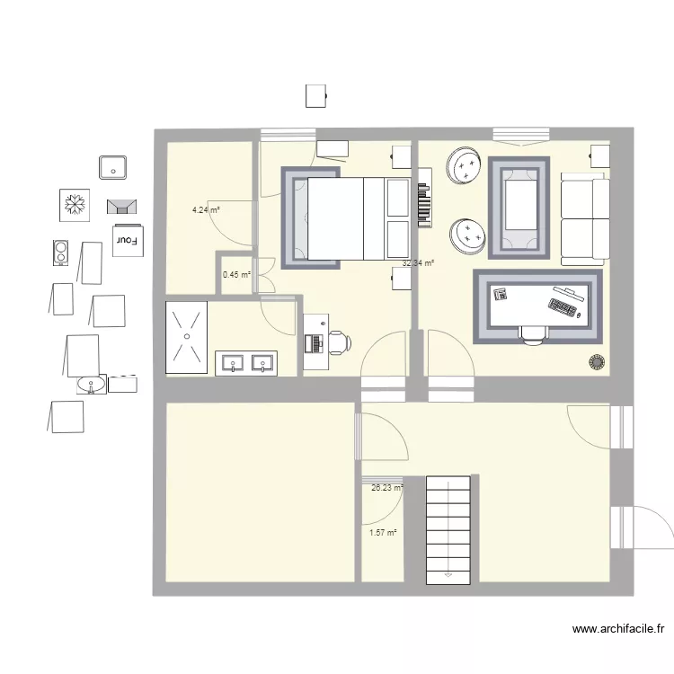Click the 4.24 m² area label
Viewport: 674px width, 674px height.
(206, 210)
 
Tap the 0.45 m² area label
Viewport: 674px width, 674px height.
(236, 275)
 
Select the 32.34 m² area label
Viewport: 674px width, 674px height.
(418, 263)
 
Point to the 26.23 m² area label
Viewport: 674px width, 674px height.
(387, 488)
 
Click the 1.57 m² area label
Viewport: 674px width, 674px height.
(383, 532)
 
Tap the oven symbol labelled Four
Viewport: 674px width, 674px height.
(127, 240)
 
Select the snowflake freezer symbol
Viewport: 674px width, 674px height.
(73, 205)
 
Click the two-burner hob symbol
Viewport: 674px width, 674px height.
(60, 253)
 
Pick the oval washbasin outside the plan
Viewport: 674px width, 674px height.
(91, 385)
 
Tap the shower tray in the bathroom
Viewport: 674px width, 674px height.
(186, 338)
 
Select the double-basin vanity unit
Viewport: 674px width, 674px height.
(246, 363)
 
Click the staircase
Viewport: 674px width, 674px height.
(448, 529)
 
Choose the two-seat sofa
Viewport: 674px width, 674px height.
(585, 221)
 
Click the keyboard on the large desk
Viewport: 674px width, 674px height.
(562, 309)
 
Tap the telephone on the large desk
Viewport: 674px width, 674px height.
(501, 293)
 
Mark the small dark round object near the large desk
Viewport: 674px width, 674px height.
(596, 362)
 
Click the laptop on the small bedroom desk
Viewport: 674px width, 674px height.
(315, 341)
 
